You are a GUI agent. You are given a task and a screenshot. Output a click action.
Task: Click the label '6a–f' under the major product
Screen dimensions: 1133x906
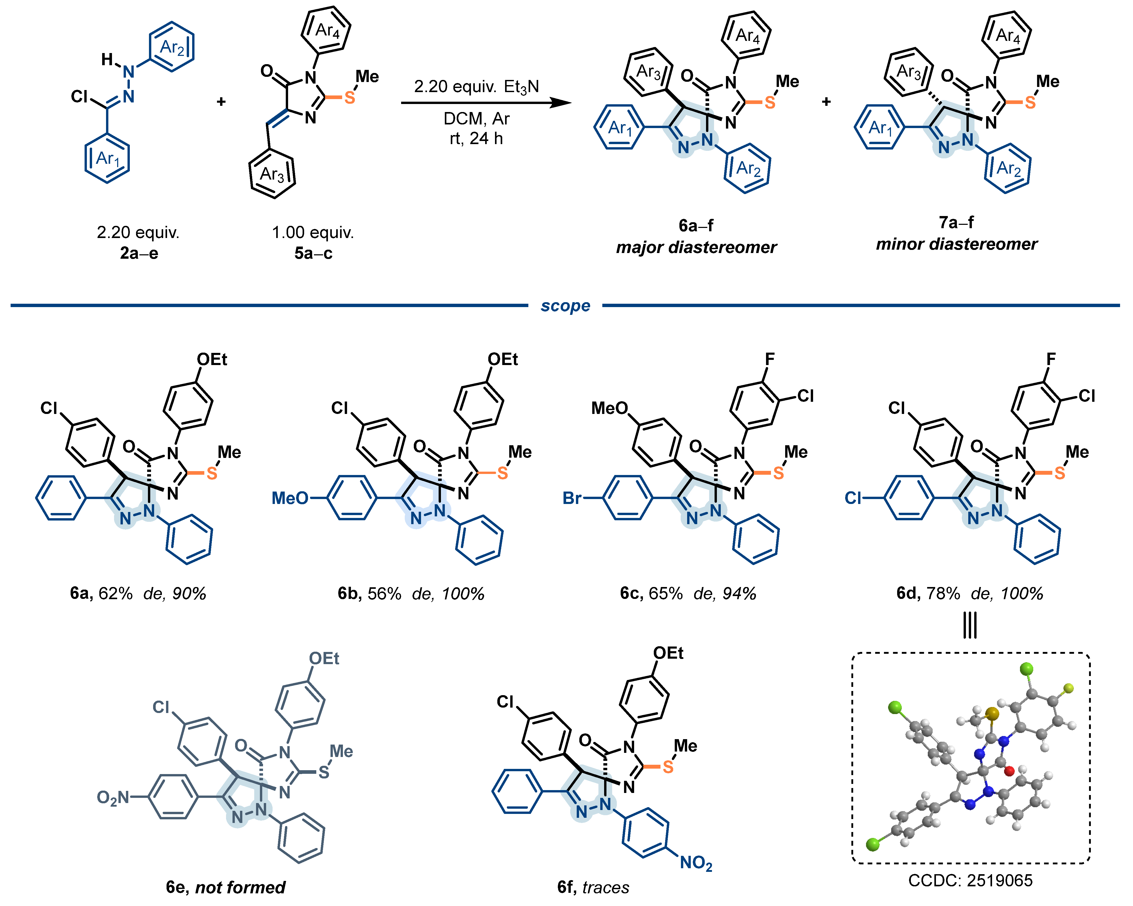point(696,226)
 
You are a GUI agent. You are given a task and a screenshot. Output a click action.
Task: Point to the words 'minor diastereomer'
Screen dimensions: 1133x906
point(956,244)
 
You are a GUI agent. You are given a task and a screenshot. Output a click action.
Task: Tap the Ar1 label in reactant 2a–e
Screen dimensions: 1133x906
point(108,158)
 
